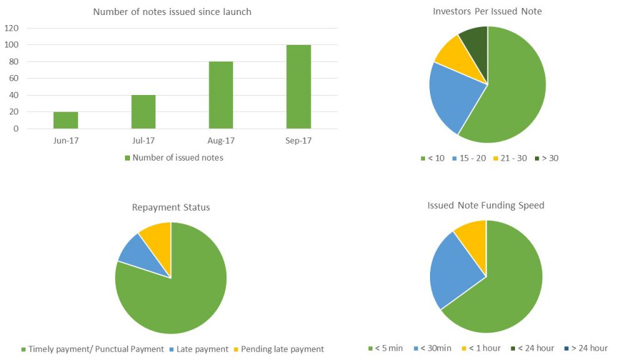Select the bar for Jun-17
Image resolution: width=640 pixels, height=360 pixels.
[66, 120]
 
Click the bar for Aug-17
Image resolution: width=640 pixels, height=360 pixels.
[221, 95]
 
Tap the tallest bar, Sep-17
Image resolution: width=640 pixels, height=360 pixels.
[298, 86]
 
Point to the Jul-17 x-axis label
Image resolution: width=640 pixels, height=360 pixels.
[143, 141]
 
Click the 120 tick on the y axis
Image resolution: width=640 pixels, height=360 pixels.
[12, 28]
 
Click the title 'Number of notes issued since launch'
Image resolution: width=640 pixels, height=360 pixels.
[172, 12]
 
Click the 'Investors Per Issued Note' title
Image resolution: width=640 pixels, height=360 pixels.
[487, 12]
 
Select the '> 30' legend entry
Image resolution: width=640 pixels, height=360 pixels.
[547, 158]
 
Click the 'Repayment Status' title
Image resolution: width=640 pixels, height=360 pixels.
[171, 207]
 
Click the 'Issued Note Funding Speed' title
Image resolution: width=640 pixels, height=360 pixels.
[486, 205]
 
